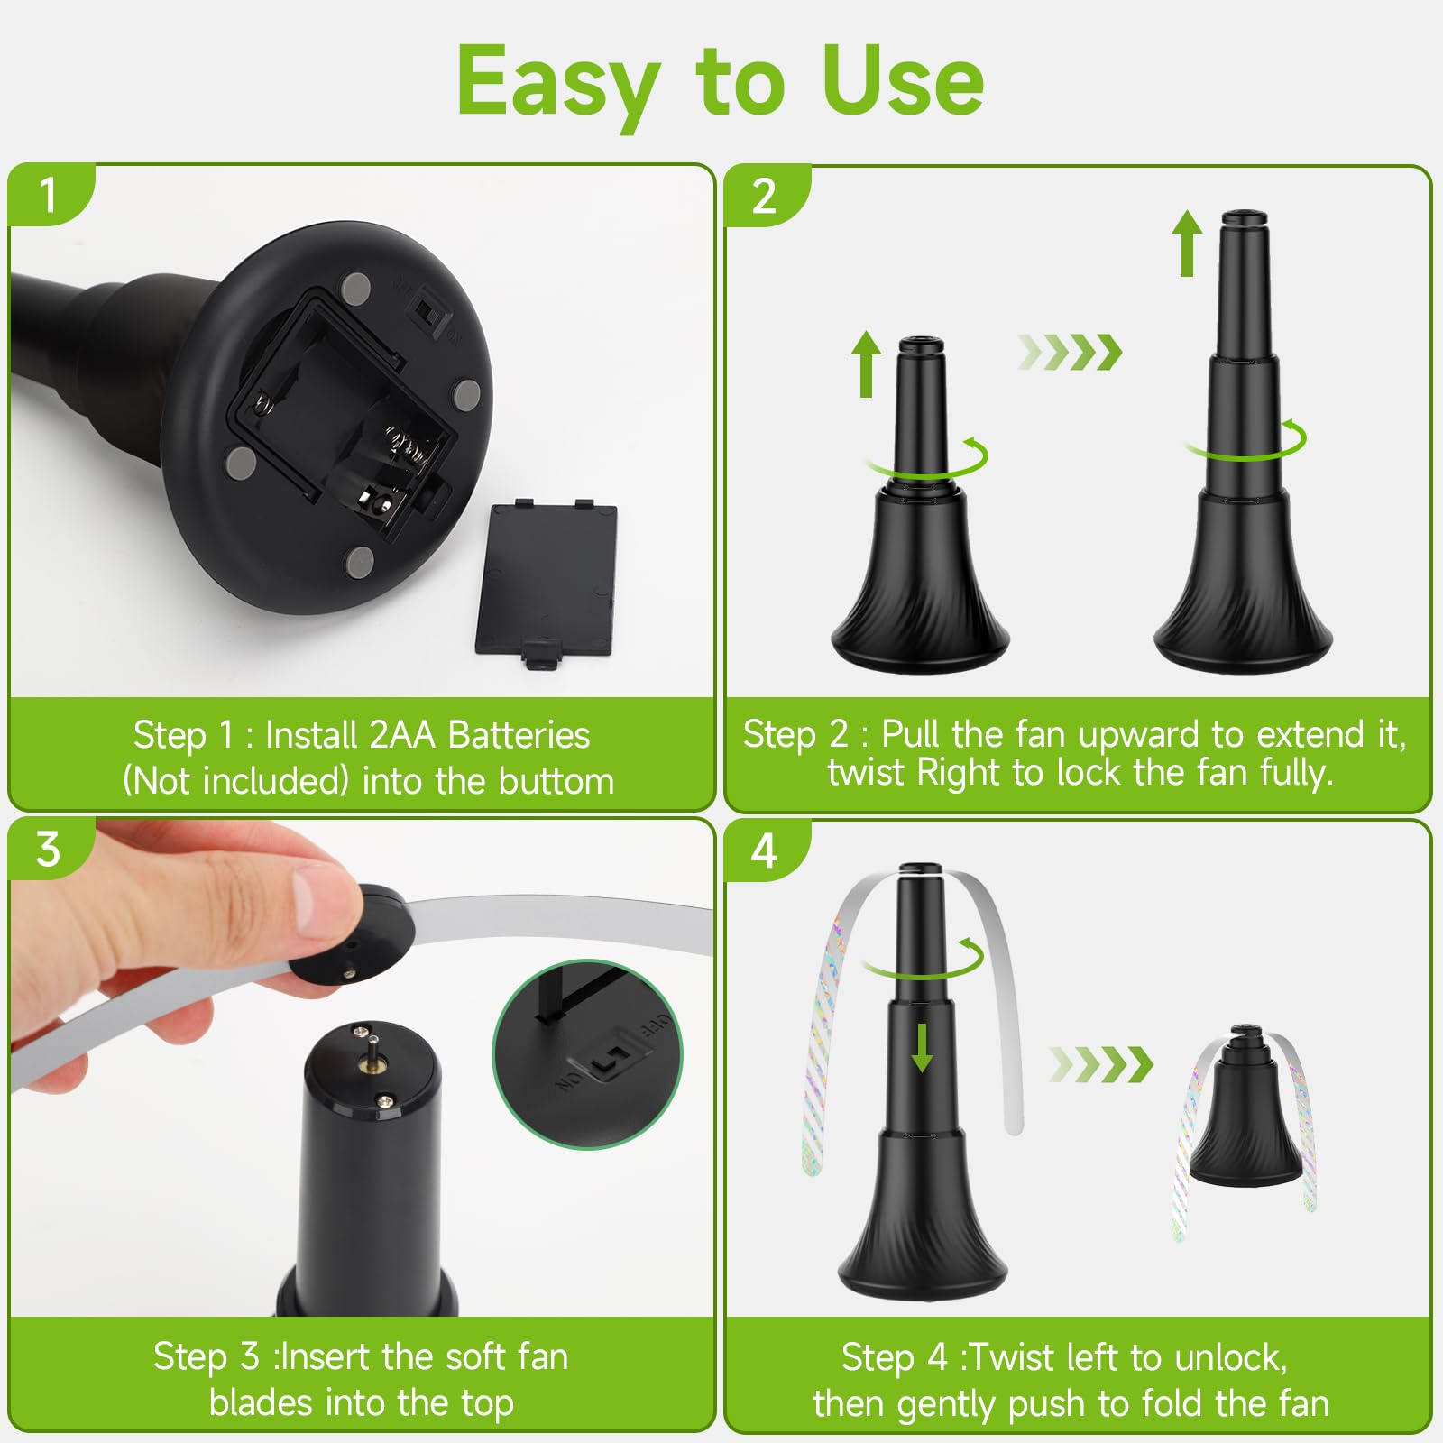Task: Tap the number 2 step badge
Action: (766, 196)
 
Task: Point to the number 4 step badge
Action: (765, 850)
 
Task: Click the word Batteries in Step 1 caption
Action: (519, 735)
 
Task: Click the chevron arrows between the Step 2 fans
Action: (1071, 352)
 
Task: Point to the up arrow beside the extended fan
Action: (1188, 244)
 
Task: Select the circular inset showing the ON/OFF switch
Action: (588, 1054)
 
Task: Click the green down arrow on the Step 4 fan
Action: (922, 1047)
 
